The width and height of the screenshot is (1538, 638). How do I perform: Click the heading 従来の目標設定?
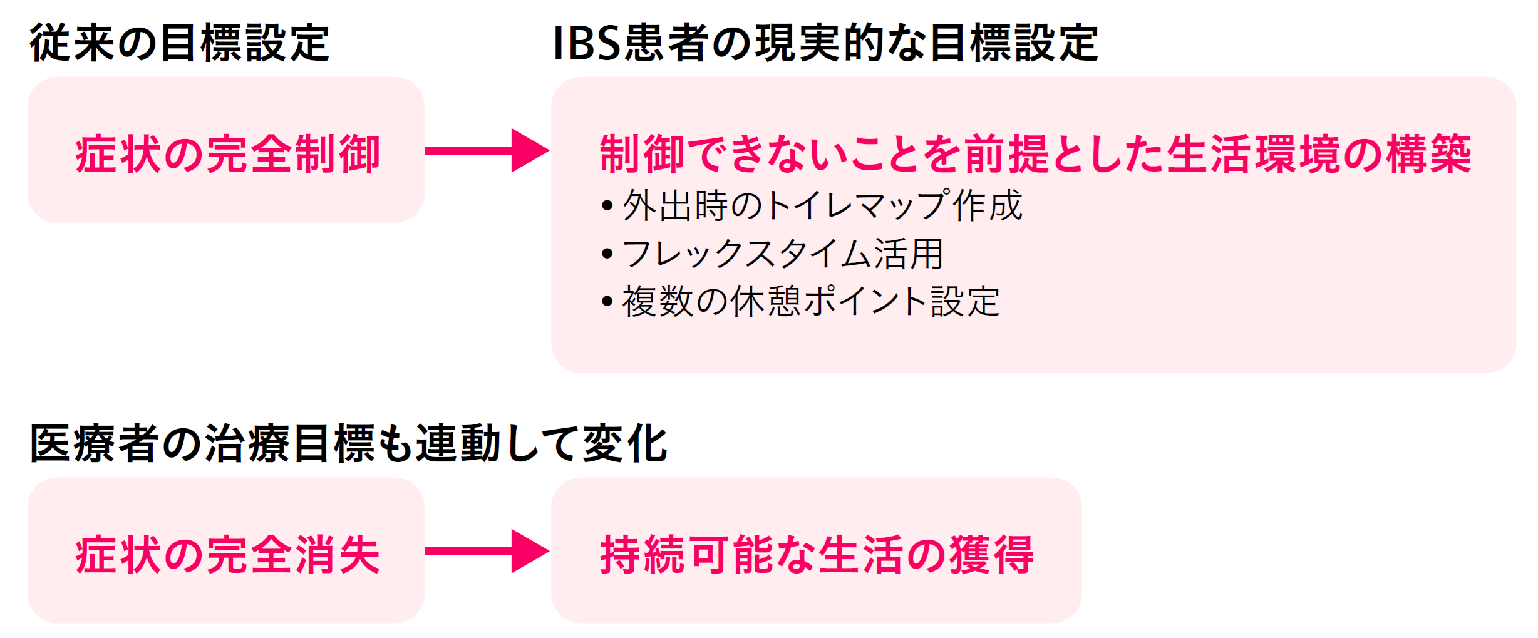[x=180, y=43]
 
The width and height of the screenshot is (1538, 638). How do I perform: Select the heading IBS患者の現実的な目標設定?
[x=825, y=43]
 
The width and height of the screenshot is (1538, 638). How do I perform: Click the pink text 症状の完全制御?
[x=227, y=154]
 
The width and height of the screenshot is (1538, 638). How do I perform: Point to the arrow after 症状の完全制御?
[x=487, y=150]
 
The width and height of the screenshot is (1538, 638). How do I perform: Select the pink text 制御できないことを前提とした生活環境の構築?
[x=1035, y=154]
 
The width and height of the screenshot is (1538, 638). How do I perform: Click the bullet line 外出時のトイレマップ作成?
[x=812, y=205]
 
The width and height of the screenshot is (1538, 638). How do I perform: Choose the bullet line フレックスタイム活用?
[x=772, y=254]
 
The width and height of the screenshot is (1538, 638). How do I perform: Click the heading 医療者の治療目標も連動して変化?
[x=349, y=443]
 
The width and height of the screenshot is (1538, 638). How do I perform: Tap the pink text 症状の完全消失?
[x=227, y=555]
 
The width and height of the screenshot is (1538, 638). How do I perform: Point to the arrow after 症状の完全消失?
[x=487, y=551]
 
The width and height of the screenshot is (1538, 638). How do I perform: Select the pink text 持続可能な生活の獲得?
[x=817, y=555]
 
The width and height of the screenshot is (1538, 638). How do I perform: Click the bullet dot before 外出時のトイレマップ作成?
[x=607, y=206]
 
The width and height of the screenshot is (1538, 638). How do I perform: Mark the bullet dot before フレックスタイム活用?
[x=607, y=254]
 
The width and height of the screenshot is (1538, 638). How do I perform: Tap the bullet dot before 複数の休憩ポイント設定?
[x=607, y=302]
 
